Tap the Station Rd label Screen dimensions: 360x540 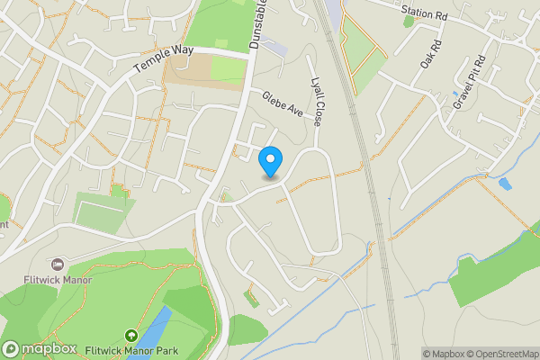click(424, 13)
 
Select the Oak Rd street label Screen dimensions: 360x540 click(430, 55)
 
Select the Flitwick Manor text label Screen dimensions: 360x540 click(59, 280)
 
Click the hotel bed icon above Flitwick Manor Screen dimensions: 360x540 click(58, 265)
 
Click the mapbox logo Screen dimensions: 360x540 click(40, 348)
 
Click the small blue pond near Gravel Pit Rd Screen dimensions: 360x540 click(504, 184)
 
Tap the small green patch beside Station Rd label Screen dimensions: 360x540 click(409, 21)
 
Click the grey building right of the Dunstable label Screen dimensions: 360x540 click(274, 46)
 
